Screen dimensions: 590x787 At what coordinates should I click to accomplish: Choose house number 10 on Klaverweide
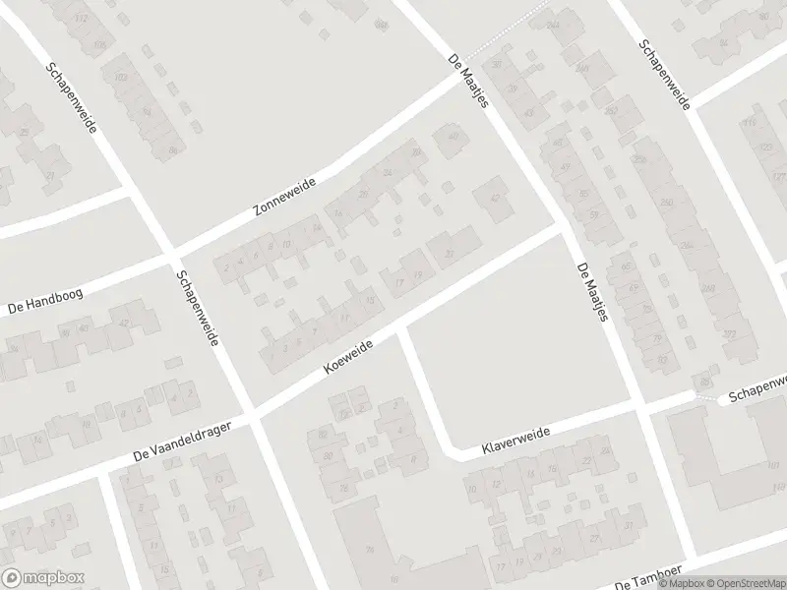(472, 490)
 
